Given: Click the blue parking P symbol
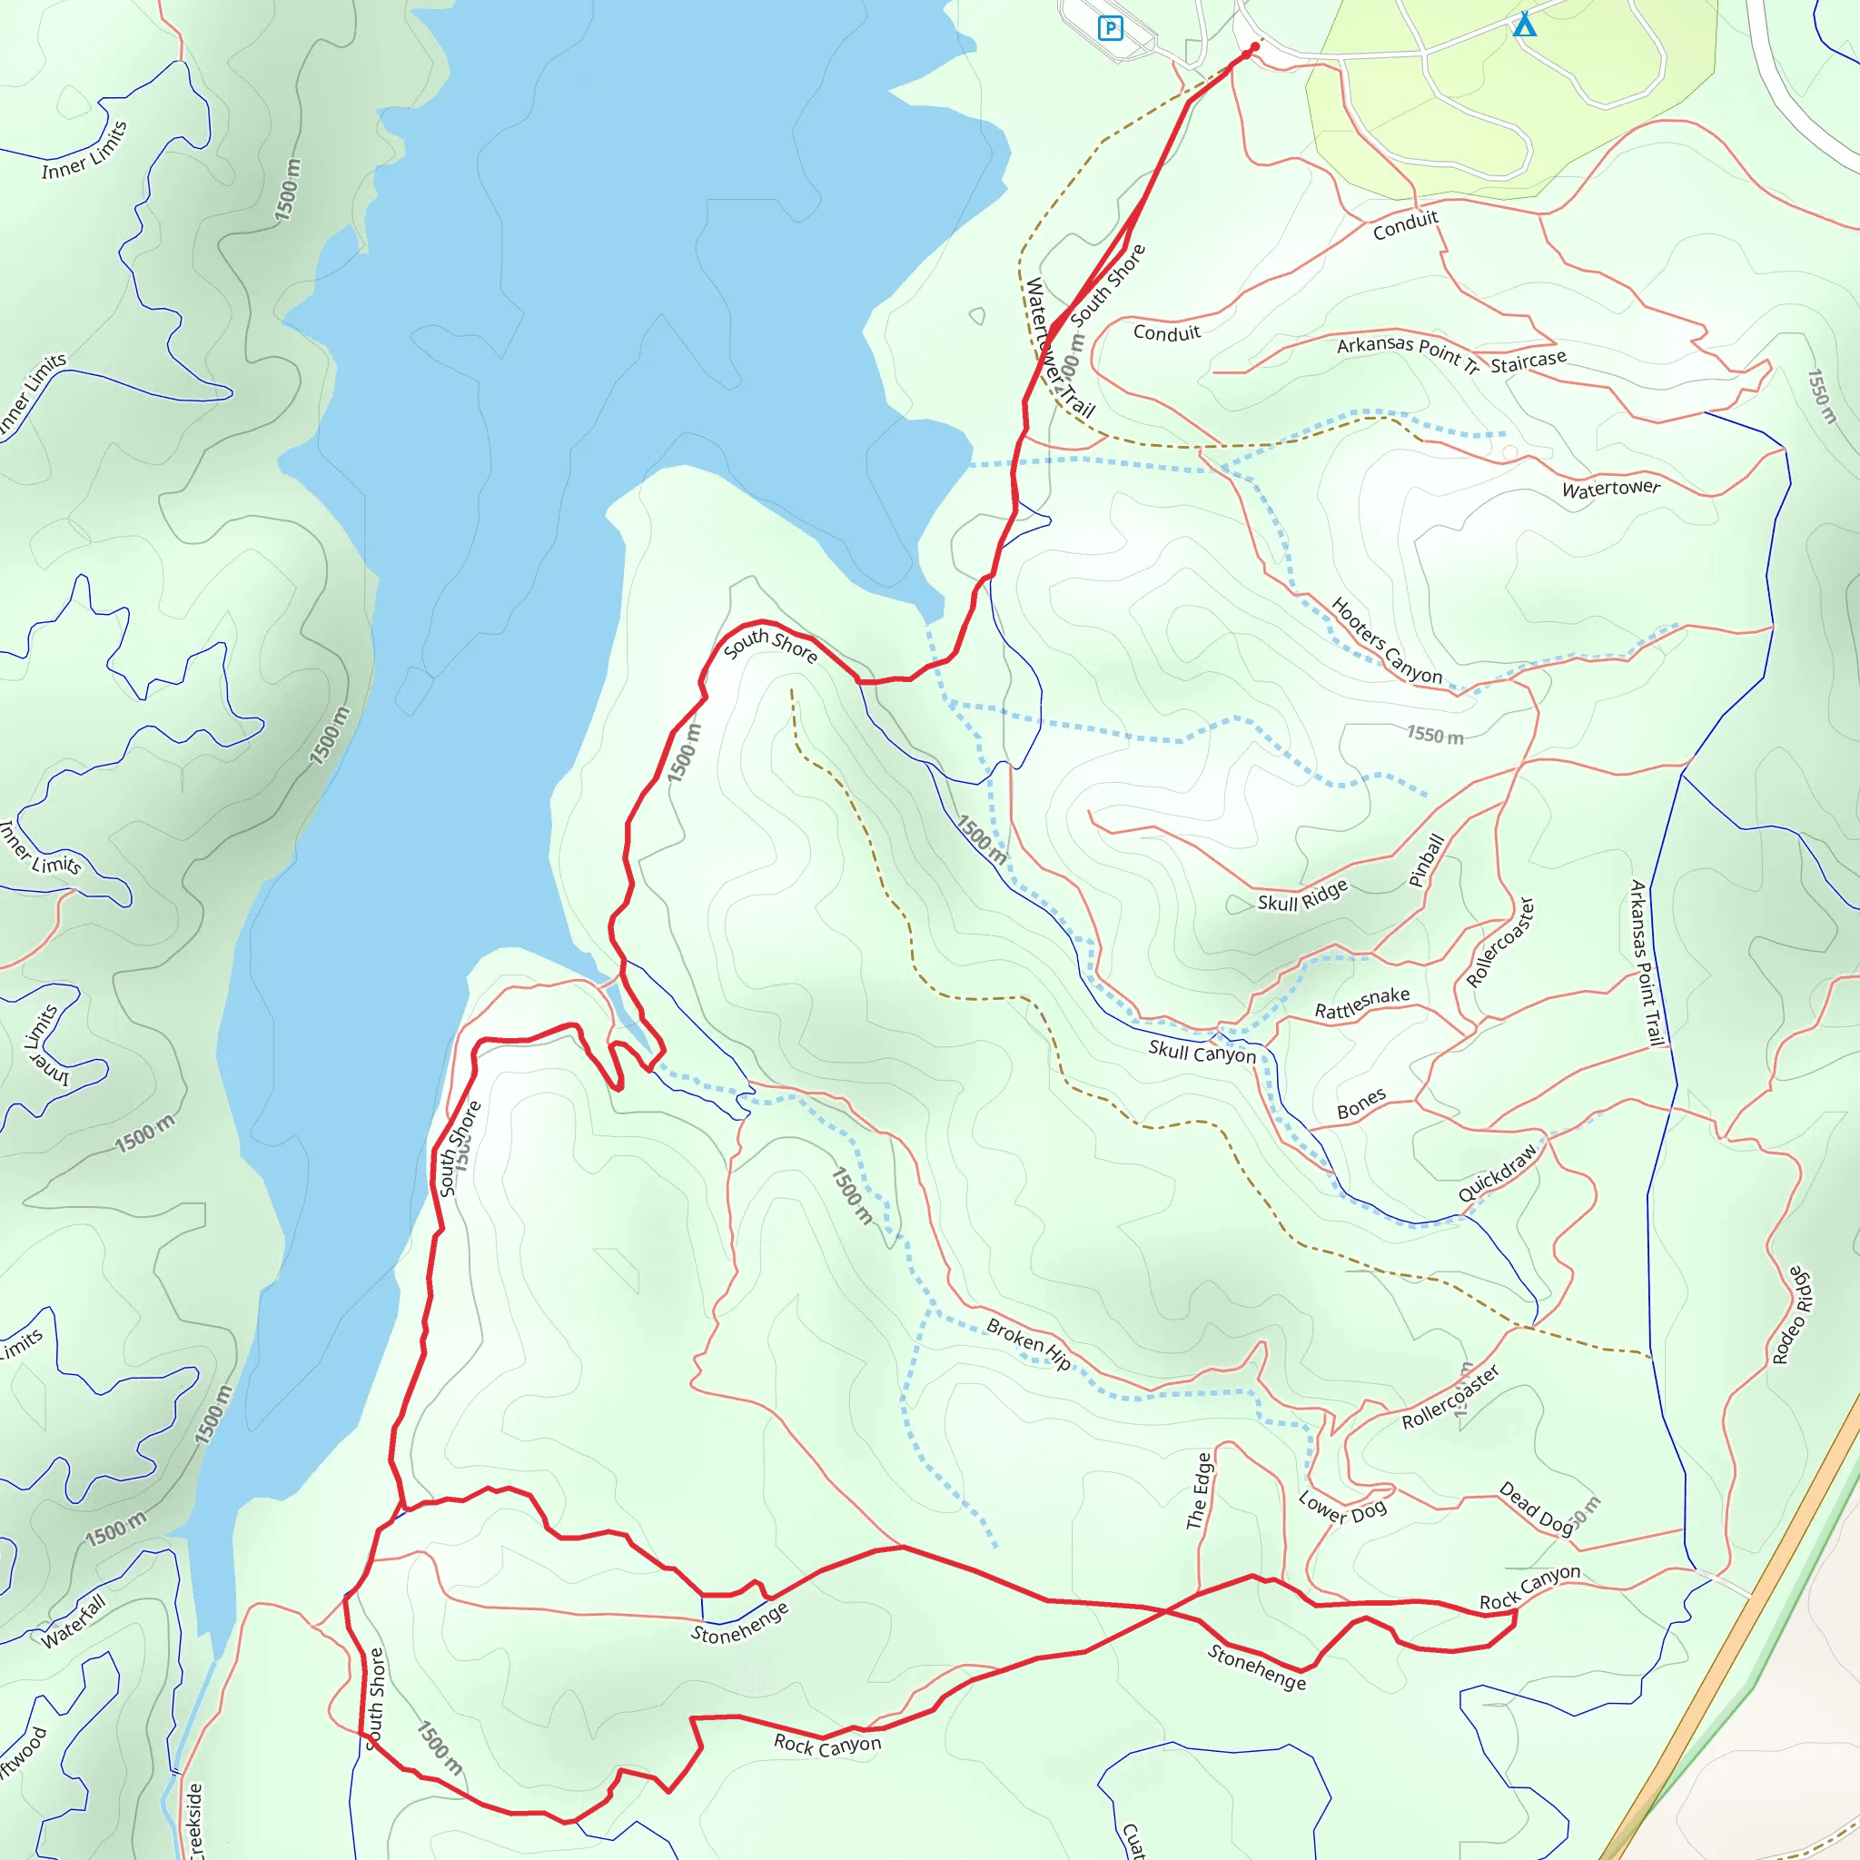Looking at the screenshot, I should [x=1110, y=28].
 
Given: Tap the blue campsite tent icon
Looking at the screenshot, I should [x=1524, y=25].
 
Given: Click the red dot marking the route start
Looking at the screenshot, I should [x=1254, y=46].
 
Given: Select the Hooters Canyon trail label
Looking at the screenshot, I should [x=1385, y=641].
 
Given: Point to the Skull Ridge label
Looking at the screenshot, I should [x=1301, y=896].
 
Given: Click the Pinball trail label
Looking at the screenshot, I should [x=1426, y=860].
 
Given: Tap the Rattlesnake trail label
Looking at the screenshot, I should [x=1361, y=1004].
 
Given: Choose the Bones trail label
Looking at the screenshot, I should [x=1361, y=1104].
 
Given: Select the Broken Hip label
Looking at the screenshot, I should [x=1028, y=1344].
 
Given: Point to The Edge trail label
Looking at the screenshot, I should [x=1199, y=1490].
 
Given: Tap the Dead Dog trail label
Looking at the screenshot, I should [x=1536, y=1508].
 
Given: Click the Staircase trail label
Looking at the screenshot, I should [x=1528, y=361].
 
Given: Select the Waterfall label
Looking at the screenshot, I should [x=74, y=1622].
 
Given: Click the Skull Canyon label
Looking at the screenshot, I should [x=1202, y=1052].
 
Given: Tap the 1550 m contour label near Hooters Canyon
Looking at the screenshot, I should [x=1434, y=736].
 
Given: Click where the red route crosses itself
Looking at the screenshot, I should [x=1166, y=1609].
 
